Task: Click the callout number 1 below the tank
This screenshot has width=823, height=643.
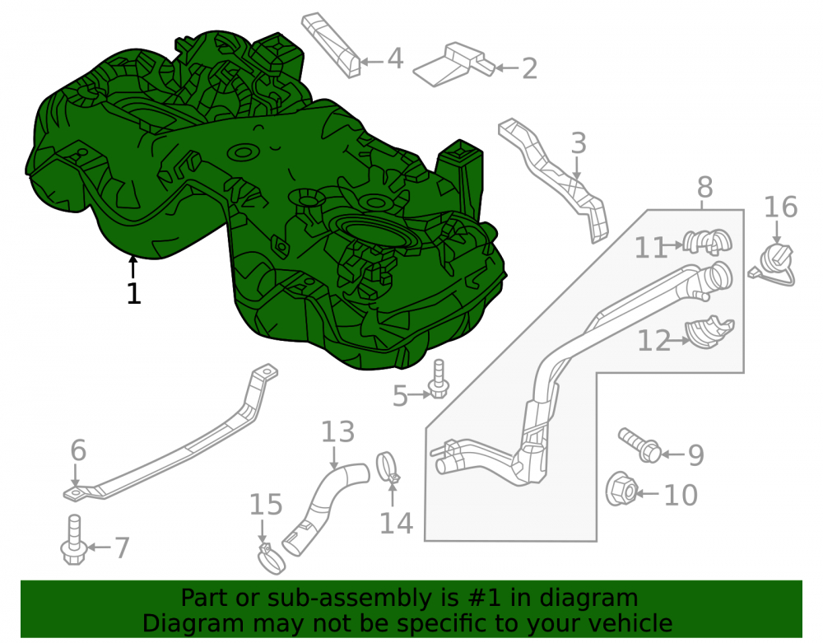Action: pos(134,293)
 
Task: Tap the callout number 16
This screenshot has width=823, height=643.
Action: pos(780,207)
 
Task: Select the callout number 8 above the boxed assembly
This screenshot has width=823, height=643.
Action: pos(705,187)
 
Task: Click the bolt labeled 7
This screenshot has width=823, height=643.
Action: pos(73,540)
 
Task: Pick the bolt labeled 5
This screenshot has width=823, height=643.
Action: pos(439,379)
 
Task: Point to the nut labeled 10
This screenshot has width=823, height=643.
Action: pos(621,490)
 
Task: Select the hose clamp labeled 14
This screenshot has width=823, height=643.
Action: pos(388,467)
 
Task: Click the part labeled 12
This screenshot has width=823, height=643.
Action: pos(709,333)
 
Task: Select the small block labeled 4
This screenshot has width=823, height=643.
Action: pos(331,45)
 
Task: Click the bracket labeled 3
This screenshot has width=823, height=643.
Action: pos(556,179)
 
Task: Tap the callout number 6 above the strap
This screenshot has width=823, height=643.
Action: pos(78,450)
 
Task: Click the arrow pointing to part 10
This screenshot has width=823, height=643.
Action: pos(648,493)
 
